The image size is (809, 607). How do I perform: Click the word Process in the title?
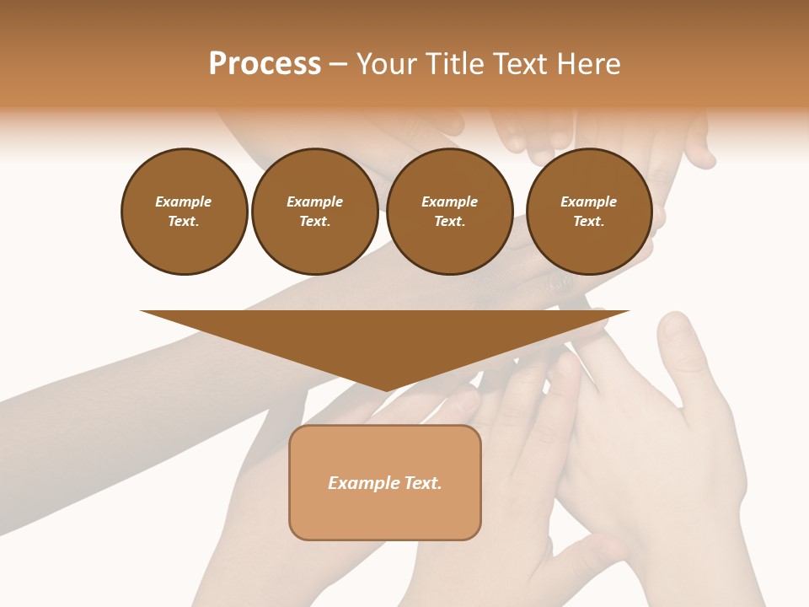[x=265, y=64]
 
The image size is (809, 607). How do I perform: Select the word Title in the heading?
[x=453, y=64]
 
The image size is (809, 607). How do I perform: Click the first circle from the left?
[x=184, y=212]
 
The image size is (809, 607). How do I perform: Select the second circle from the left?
[x=315, y=212]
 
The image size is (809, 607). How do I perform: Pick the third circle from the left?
[x=449, y=212]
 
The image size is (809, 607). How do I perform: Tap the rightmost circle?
[x=589, y=212]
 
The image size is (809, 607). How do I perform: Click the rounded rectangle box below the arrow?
[x=385, y=482]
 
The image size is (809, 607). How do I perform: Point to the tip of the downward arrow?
[x=385, y=390]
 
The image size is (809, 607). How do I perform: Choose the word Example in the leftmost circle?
[x=184, y=201]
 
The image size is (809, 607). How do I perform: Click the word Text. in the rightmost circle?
[x=589, y=222]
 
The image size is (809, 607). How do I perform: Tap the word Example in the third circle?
[x=449, y=201]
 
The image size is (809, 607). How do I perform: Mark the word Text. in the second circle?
[x=315, y=222]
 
